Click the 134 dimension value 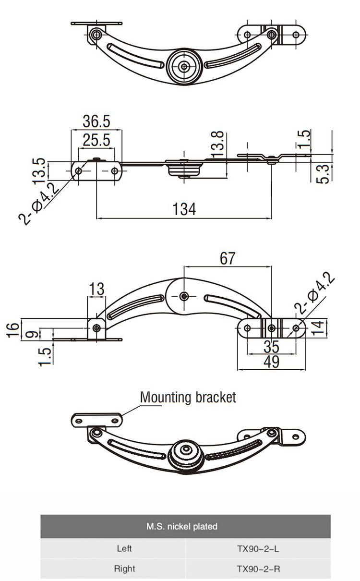click(x=184, y=209)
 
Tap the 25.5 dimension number click(x=96, y=140)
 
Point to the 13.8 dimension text click(x=217, y=144)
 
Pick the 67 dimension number click(x=228, y=258)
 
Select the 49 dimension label click(x=272, y=362)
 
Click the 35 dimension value click(x=272, y=346)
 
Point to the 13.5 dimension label click(x=40, y=170)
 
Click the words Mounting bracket click(x=188, y=398)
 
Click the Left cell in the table click(x=124, y=547)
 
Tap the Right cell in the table click(x=124, y=569)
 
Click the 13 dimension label click(x=96, y=289)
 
